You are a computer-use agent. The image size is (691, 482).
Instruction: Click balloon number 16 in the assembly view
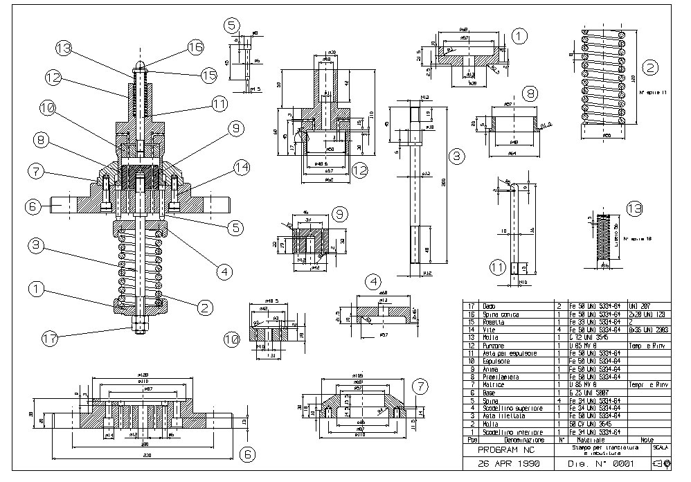click(x=196, y=47)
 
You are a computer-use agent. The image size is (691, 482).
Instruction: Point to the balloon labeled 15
click(x=210, y=74)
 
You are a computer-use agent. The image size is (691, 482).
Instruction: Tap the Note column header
click(x=647, y=440)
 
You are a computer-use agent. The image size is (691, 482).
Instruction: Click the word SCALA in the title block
click(x=661, y=447)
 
